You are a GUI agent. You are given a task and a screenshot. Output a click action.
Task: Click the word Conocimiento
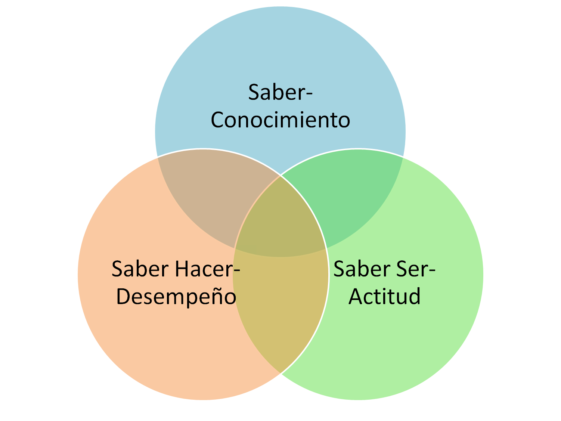pos(280,120)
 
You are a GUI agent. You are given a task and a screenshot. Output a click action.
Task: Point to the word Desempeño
pos(176,297)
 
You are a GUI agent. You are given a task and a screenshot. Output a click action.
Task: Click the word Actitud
pos(384,297)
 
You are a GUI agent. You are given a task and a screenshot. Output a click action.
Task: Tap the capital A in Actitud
pos(356,297)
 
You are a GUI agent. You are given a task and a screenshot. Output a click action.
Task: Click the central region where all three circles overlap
pos(280,220)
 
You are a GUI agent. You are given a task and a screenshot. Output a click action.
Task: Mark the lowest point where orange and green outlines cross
pos(280,373)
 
